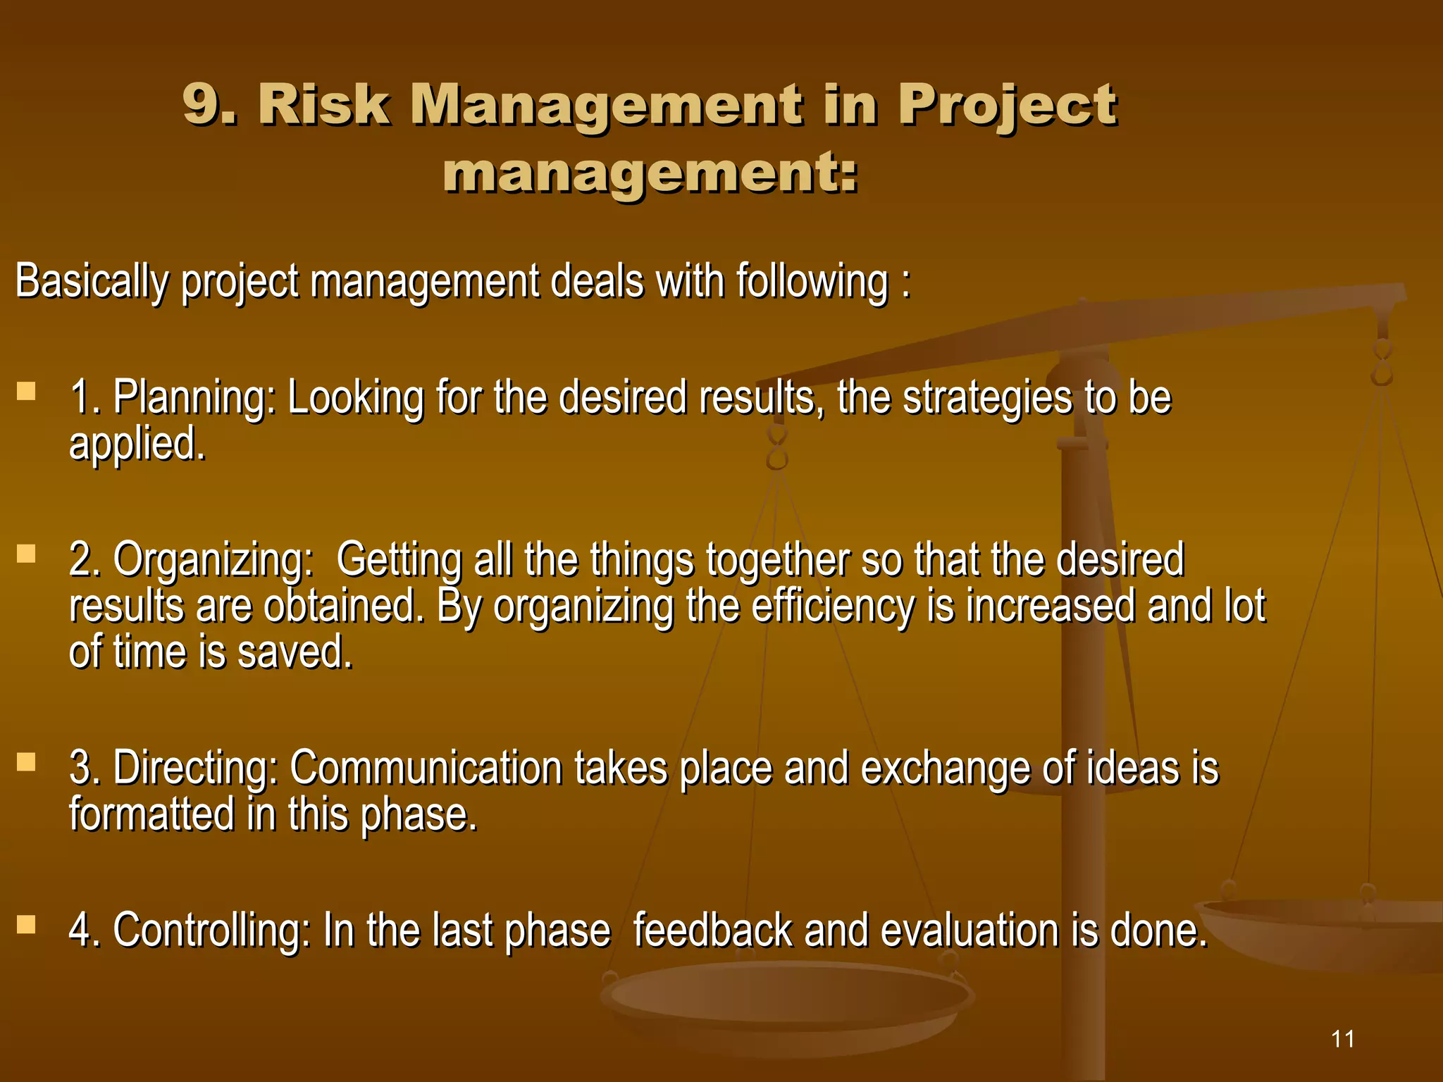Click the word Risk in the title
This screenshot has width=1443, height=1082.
coord(324,106)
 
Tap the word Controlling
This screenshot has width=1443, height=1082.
coord(211,931)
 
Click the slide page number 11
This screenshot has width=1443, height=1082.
coord(1343,1039)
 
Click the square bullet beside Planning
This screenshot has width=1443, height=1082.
coord(26,391)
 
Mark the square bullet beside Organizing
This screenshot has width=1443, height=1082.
coord(26,554)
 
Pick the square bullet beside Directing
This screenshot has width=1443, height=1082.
coord(26,761)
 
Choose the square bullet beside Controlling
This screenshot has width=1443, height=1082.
coord(26,924)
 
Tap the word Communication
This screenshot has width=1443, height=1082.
coord(426,768)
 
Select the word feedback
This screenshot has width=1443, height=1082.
coord(712,931)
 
